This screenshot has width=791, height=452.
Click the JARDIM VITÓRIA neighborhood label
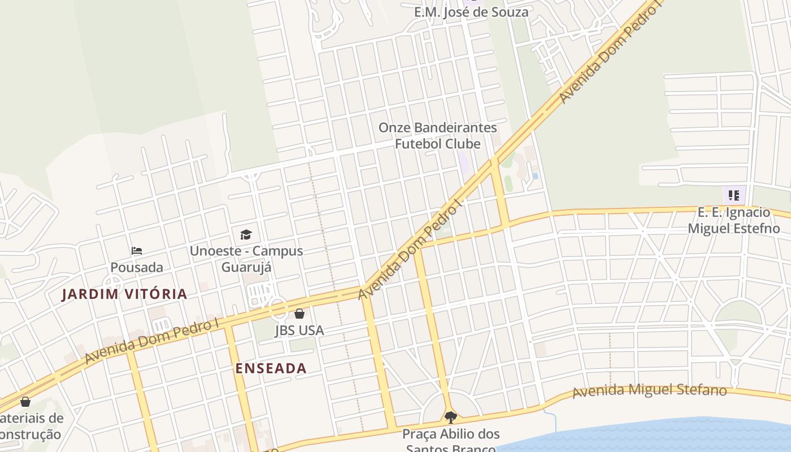124,294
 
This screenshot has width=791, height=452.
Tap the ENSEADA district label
271,368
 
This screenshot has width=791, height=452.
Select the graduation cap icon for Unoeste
246,234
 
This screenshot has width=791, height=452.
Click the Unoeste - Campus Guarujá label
246,259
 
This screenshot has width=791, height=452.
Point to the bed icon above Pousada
137,250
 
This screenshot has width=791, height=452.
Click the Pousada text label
137,267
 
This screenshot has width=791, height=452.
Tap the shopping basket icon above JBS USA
299,314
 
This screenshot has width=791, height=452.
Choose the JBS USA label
299,330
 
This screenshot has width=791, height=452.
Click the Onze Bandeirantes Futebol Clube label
437,136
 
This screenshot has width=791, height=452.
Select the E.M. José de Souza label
471,12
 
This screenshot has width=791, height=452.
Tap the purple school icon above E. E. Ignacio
734,196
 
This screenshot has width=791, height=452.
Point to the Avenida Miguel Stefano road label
649,391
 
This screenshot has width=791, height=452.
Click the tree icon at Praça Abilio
450,418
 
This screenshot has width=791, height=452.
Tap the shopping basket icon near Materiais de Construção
25,402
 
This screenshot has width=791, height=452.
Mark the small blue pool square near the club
535,176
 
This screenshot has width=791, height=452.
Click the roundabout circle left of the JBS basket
278,308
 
